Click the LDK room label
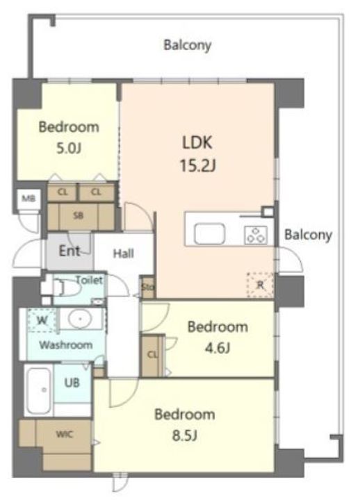coord(197,142)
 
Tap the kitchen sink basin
coord(207,234)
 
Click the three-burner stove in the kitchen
coord(255,235)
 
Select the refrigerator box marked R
coord(259,284)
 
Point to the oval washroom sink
coord(82,320)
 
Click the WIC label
coord(65,434)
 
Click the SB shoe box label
coord(79,215)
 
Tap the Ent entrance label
coord(68,251)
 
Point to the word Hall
coord(123,254)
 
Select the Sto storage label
coord(147,286)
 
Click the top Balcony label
coord(187,46)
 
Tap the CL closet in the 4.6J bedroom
coord(152,353)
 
